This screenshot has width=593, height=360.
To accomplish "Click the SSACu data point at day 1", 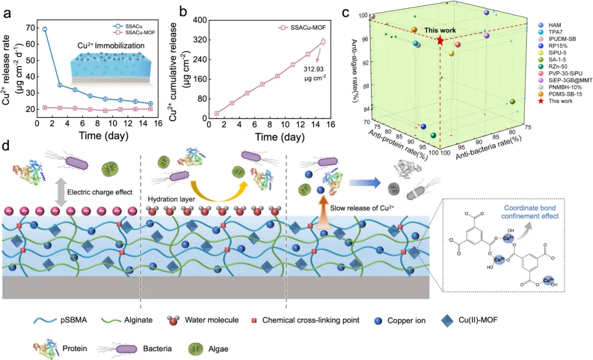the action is pos(44,29).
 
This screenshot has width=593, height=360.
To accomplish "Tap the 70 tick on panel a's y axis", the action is pos(30,27).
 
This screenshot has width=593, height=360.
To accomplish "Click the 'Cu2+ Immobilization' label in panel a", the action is pos(111,46).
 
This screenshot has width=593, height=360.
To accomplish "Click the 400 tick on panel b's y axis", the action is pos(199,20).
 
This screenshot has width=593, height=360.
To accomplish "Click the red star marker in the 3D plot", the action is pos(440,41).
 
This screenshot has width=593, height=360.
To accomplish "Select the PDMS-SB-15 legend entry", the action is pos(560,94).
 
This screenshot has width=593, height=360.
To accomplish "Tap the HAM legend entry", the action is pos(549,25).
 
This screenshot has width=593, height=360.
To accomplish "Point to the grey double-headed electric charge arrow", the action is pos(55,193).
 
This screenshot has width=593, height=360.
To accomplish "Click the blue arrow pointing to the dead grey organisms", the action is pos(365,183).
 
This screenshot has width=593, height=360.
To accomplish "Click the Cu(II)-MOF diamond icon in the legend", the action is pos(447,320).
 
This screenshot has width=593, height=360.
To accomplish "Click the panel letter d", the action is pos(7,145).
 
